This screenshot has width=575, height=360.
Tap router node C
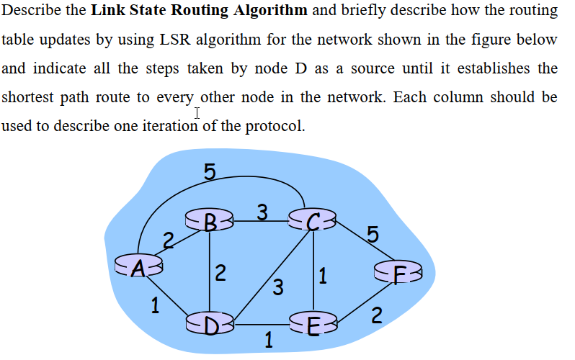point(312,219)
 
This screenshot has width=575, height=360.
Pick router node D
point(209,322)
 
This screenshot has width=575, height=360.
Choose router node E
point(311,322)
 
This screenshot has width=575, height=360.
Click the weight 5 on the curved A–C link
point(209,171)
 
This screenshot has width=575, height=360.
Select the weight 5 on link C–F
point(372,233)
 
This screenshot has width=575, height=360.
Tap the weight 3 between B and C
point(263,212)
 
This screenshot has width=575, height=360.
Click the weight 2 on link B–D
point(220,272)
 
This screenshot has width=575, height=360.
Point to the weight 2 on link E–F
point(376,314)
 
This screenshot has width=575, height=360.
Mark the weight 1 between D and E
point(269,339)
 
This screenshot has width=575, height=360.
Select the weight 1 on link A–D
point(154,305)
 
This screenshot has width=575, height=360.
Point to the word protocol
point(275,126)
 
